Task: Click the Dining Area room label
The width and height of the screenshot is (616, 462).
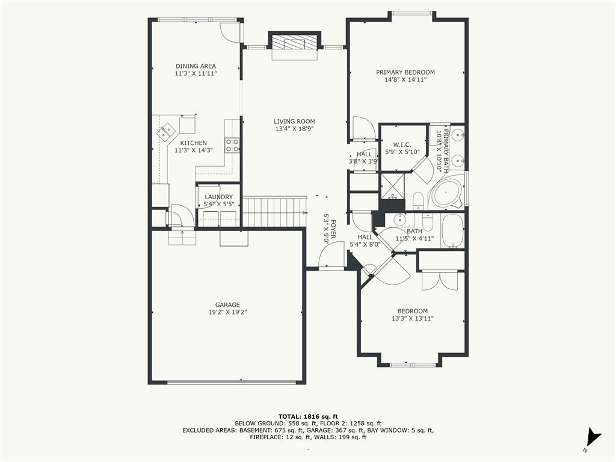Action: click(x=196, y=66)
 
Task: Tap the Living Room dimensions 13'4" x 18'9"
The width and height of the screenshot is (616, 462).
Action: click(x=294, y=129)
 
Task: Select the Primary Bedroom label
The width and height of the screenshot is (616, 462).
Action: click(x=405, y=72)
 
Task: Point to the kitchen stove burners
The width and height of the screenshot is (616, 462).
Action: click(x=232, y=146)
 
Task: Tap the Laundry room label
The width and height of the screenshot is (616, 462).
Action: click(x=219, y=197)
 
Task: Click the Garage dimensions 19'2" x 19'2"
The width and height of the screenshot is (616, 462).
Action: click(x=227, y=312)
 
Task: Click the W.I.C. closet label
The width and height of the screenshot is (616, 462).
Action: click(x=402, y=145)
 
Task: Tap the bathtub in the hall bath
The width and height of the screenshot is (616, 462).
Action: click(x=452, y=230)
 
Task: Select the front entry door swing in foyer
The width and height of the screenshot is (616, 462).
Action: click(x=330, y=254)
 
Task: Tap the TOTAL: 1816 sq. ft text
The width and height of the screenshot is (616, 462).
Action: click(x=308, y=416)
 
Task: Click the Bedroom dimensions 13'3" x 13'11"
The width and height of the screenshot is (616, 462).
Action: click(x=412, y=319)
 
